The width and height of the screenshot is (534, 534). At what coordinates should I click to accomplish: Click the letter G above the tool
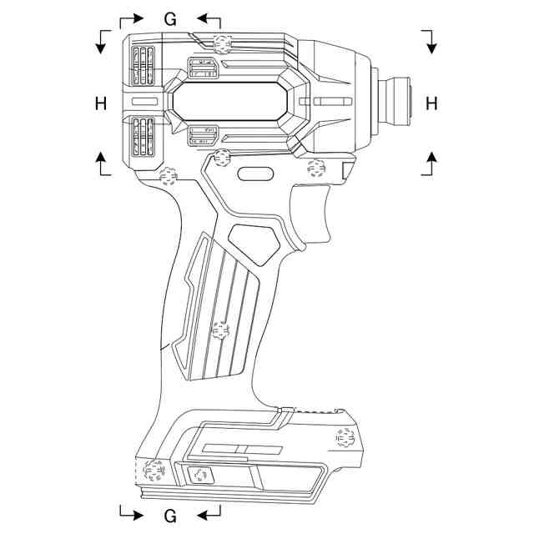click(x=170, y=19)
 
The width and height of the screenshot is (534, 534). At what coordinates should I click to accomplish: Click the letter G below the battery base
click(x=170, y=515)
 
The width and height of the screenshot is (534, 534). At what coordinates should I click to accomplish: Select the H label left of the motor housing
click(x=102, y=103)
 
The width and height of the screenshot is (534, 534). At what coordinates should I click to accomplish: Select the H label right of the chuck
click(x=431, y=103)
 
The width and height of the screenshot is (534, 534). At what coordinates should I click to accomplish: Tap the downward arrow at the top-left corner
click(x=102, y=42)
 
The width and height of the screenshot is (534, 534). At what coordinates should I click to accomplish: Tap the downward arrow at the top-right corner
click(x=431, y=42)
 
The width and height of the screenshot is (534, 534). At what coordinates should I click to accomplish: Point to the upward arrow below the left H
click(x=102, y=163)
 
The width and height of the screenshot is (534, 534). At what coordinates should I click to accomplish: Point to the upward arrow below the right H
click(x=431, y=163)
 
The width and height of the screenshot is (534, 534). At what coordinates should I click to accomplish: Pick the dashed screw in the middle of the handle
click(x=220, y=330)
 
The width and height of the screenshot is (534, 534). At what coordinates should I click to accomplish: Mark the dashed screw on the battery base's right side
click(x=344, y=436)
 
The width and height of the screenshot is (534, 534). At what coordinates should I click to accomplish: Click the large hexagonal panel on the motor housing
click(x=231, y=103)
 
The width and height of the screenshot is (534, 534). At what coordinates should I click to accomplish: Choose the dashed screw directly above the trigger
click(x=316, y=168)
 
